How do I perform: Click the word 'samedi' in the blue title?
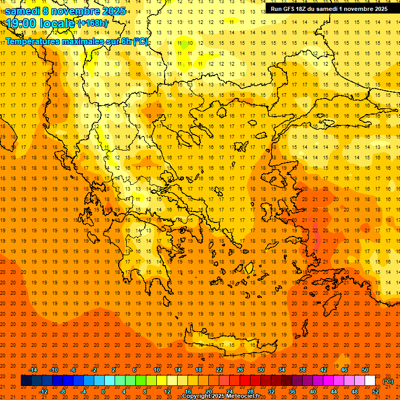[x=22, y=11]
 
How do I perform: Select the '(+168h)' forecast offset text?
[x=93, y=23]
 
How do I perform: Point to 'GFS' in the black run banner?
[x=292, y=9]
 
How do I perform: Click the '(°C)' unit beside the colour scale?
[x=388, y=381]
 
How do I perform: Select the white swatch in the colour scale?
[x=370, y=381]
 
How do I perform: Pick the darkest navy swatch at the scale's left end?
[x=26, y=381]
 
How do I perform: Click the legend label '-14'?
[x=33, y=370]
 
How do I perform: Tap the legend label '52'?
[x=376, y=392]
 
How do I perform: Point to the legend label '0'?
[x=103, y=392]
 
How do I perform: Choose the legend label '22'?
[x=219, y=370]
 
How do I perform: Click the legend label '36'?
[x=292, y=392]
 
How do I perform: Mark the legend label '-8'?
[x=63, y=392]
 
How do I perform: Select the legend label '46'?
[x=344, y=370]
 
